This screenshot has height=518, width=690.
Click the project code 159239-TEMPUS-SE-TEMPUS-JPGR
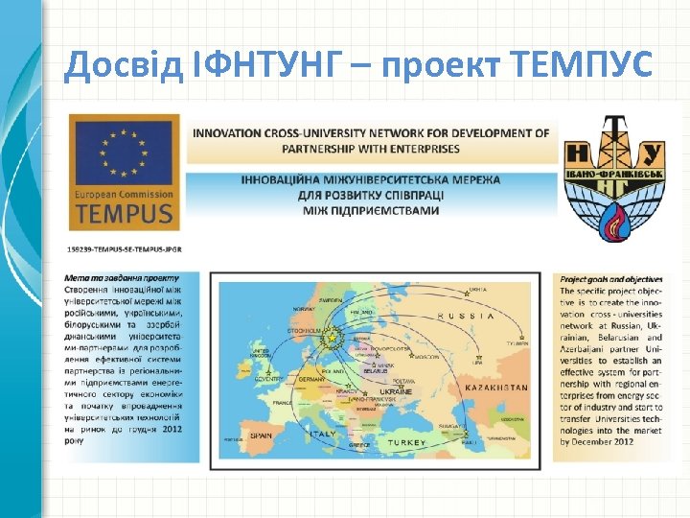click(x=125, y=248)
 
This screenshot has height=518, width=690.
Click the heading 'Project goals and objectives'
click(x=610, y=279)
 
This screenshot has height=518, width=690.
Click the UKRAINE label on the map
click(x=396, y=391)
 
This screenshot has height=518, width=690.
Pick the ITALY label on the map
click(x=322, y=434)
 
